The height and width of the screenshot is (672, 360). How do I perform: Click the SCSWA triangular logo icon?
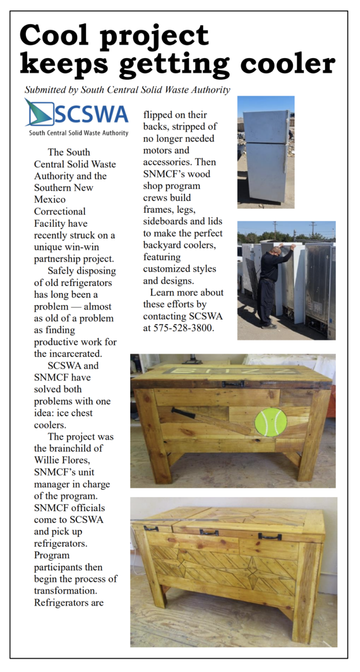(x=39, y=112)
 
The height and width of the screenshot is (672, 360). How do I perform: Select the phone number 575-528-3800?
(x=184, y=328)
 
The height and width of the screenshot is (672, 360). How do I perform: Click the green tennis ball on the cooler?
(x=270, y=422)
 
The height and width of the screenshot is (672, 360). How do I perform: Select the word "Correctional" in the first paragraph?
(x=60, y=211)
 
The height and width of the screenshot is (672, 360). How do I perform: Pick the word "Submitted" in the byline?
(x=45, y=90)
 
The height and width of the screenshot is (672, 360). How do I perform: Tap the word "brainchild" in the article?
(x=72, y=448)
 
